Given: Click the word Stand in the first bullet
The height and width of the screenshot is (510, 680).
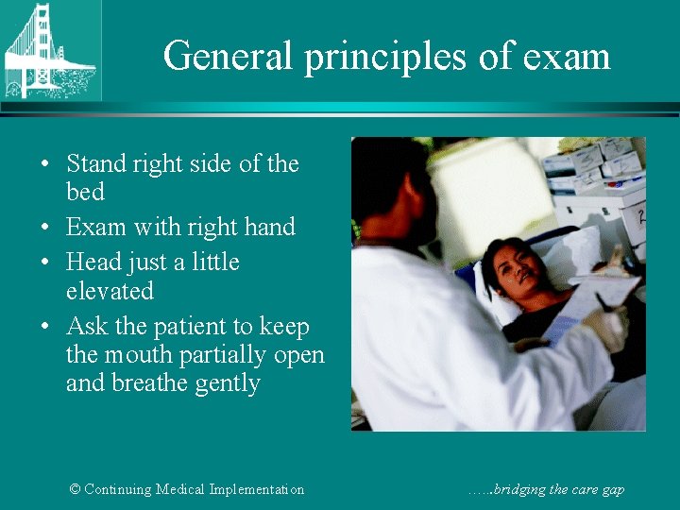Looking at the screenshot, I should tap(95, 164).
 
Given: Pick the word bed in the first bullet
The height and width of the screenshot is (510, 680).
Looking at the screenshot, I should tap(85, 192).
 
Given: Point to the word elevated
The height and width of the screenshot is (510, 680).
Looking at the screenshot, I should tap(110, 290).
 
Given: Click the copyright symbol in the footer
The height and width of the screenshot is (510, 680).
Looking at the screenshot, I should tap(75, 489).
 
